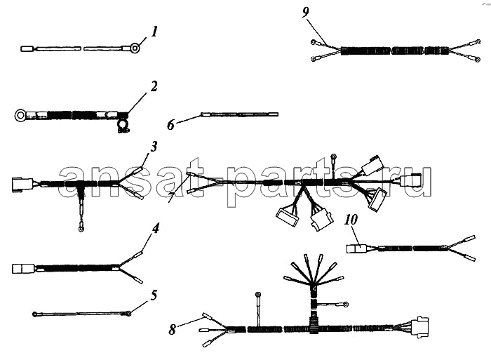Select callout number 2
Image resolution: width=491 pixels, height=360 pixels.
(x=154, y=87)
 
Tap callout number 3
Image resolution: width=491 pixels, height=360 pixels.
(x=153, y=147)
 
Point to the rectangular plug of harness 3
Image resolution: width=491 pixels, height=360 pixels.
(x=20, y=185)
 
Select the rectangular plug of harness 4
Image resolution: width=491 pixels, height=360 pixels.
(x=24, y=268)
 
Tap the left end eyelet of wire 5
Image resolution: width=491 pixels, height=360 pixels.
(x=35, y=314)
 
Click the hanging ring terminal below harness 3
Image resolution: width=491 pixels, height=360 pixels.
(x=81, y=227)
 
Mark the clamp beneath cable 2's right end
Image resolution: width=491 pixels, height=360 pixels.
(x=123, y=126)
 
